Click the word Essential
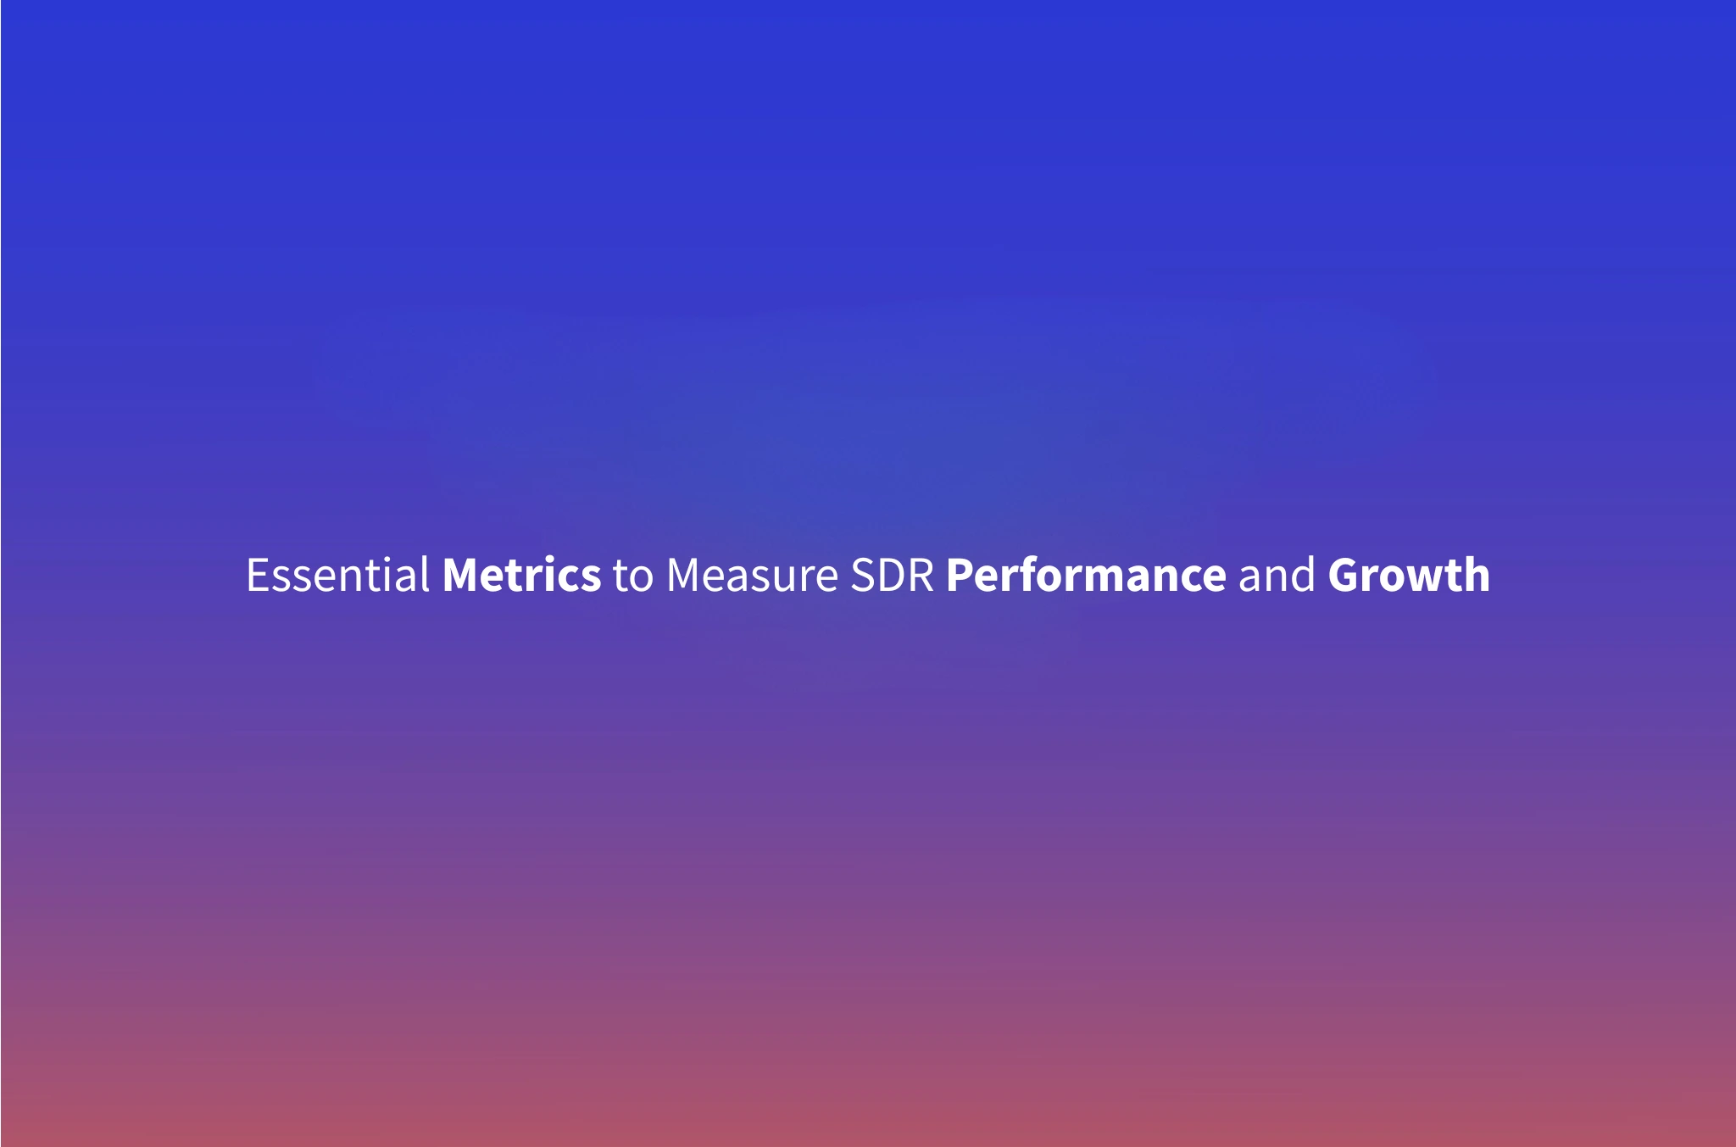tap(337, 576)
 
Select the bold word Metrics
tap(521, 576)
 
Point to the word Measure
tap(752, 576)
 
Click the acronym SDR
tap(892, 576)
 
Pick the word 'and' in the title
tap(1277, 576)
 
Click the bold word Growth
tap(1409, 576)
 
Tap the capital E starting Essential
tap(258, 576)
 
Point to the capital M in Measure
tap(686, 576)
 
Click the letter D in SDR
tap(892, 576)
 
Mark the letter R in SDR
tap(921, 576)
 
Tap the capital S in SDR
tap(864, 576)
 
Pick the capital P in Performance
tap(961, 576)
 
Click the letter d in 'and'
tap(1302, 576)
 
